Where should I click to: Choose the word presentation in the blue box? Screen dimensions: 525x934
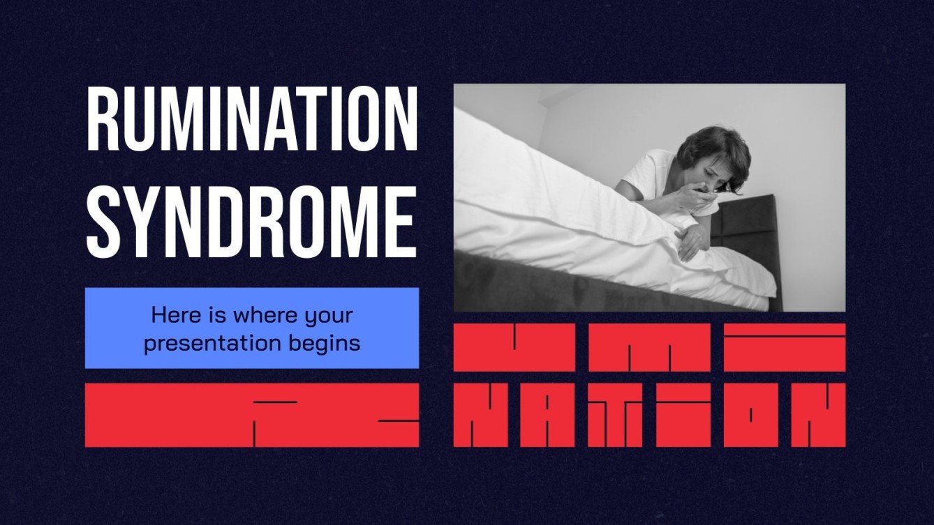pyautogui.click(x=209, y=343)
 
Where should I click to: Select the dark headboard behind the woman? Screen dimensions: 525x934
pyautogui.click(x=747, y=230)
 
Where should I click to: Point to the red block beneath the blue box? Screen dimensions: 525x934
pyautogui.click(x=252, y=415)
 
